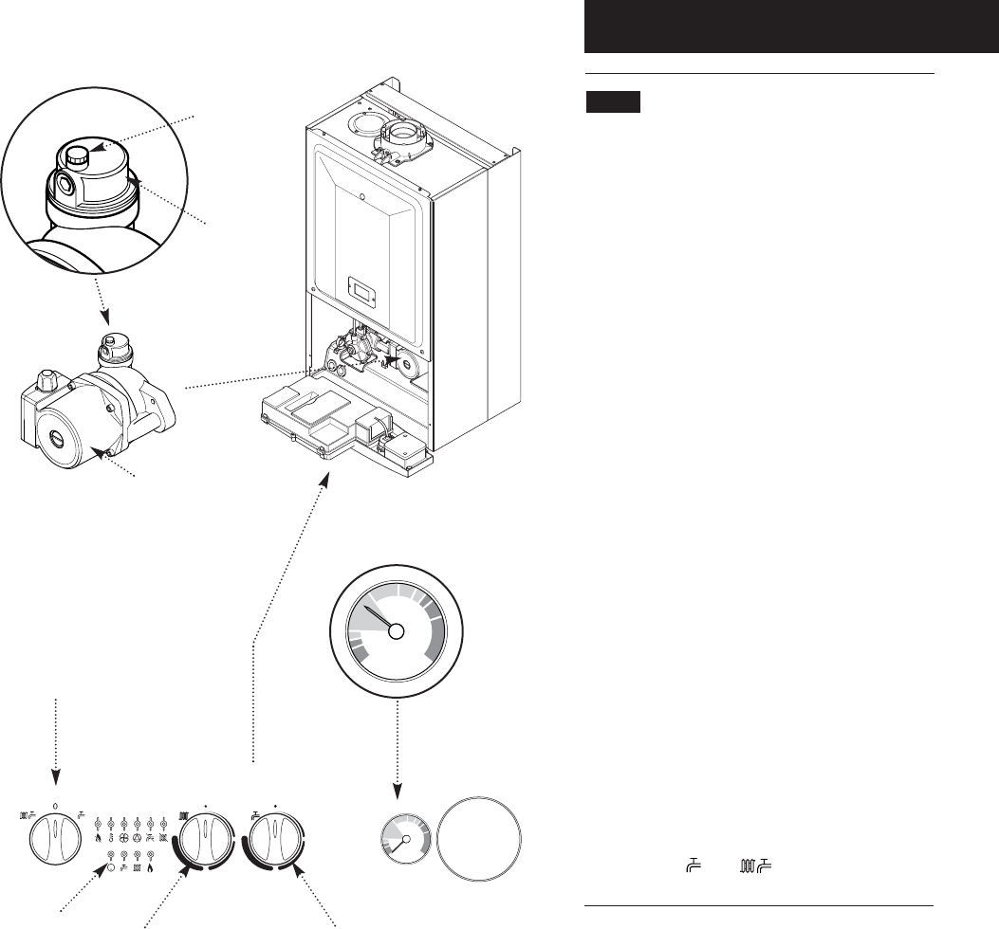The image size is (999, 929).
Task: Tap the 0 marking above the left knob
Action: point(56,804)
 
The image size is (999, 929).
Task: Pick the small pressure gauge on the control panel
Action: point(405,840)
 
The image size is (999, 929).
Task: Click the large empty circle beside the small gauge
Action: point(481,840)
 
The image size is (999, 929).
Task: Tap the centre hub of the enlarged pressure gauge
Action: point(397,631)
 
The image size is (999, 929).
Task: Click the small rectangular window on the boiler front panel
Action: point(364,288)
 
